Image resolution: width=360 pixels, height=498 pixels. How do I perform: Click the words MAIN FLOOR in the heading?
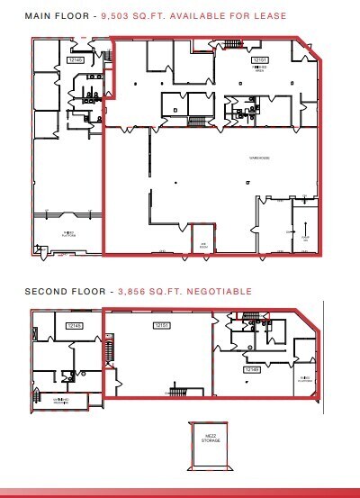pyautogui.click(x=54, y=16)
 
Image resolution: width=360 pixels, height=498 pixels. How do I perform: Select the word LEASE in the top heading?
pyautogui.click(x=270, y=16)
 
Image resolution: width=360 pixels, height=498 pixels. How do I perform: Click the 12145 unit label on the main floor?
pyautogui.click(x=76, y=59)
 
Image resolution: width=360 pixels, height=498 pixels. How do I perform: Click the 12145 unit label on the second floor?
pyautogui.click(x=74, y=325)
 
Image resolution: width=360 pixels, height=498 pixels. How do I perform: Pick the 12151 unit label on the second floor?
pyautogui.click(x=162, y=324)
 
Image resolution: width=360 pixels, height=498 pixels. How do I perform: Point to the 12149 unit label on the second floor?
pyautogui.click(x=252, y=367)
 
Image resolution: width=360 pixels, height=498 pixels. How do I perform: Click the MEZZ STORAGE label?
pyautogui.click(x=212, y=440)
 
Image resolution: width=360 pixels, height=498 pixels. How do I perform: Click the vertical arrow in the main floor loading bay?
pyautogui.click(x=306, y=227)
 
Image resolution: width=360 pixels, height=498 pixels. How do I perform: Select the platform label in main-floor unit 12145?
pyautogui.click(x=67, y=232)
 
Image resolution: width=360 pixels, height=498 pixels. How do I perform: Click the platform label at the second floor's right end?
pyautogui.click(x=306, y=378)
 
